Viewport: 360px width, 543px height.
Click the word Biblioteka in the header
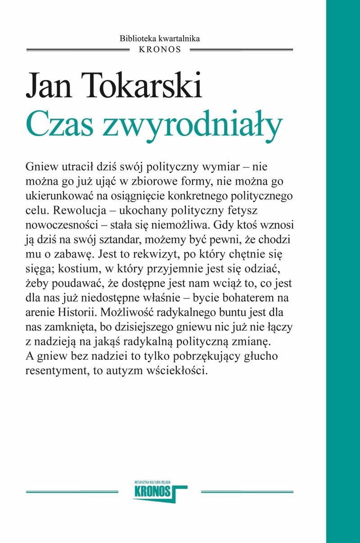point(136,39)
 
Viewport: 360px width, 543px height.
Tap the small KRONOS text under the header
point(160,50)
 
